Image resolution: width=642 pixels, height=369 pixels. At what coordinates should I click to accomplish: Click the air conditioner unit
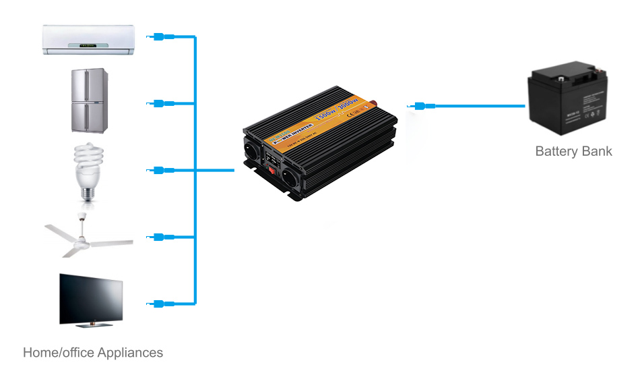(x=88, y=40)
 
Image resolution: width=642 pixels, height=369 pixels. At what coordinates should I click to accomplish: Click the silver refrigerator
(x=90, y=100)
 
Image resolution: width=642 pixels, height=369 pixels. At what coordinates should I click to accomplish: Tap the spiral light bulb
(x=87, y=171)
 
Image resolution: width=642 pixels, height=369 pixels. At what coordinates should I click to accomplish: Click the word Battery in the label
(x=555, y=151)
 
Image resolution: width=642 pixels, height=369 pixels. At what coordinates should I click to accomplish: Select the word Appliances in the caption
(x=129, y=353)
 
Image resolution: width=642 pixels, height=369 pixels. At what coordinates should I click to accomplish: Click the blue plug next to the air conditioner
(x=159, y=37)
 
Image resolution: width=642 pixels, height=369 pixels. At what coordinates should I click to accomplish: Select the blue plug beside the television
(x=159, y=304)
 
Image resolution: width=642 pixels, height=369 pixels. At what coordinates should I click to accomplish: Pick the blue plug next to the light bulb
(x=159, y=170)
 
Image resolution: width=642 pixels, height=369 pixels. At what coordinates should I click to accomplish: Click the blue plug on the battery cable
(x=420, y=106)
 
